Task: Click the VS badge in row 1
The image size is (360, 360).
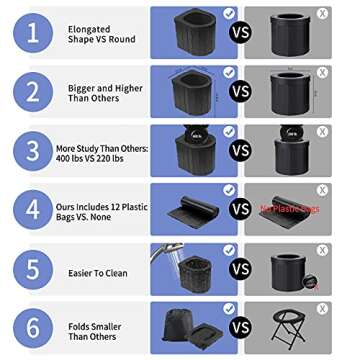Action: point(240,32)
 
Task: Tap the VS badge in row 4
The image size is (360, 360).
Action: point(240,209)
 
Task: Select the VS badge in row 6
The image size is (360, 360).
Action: point(240,327)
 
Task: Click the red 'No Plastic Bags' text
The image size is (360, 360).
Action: point(291,209)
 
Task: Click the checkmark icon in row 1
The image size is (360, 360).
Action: point(229,14)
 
